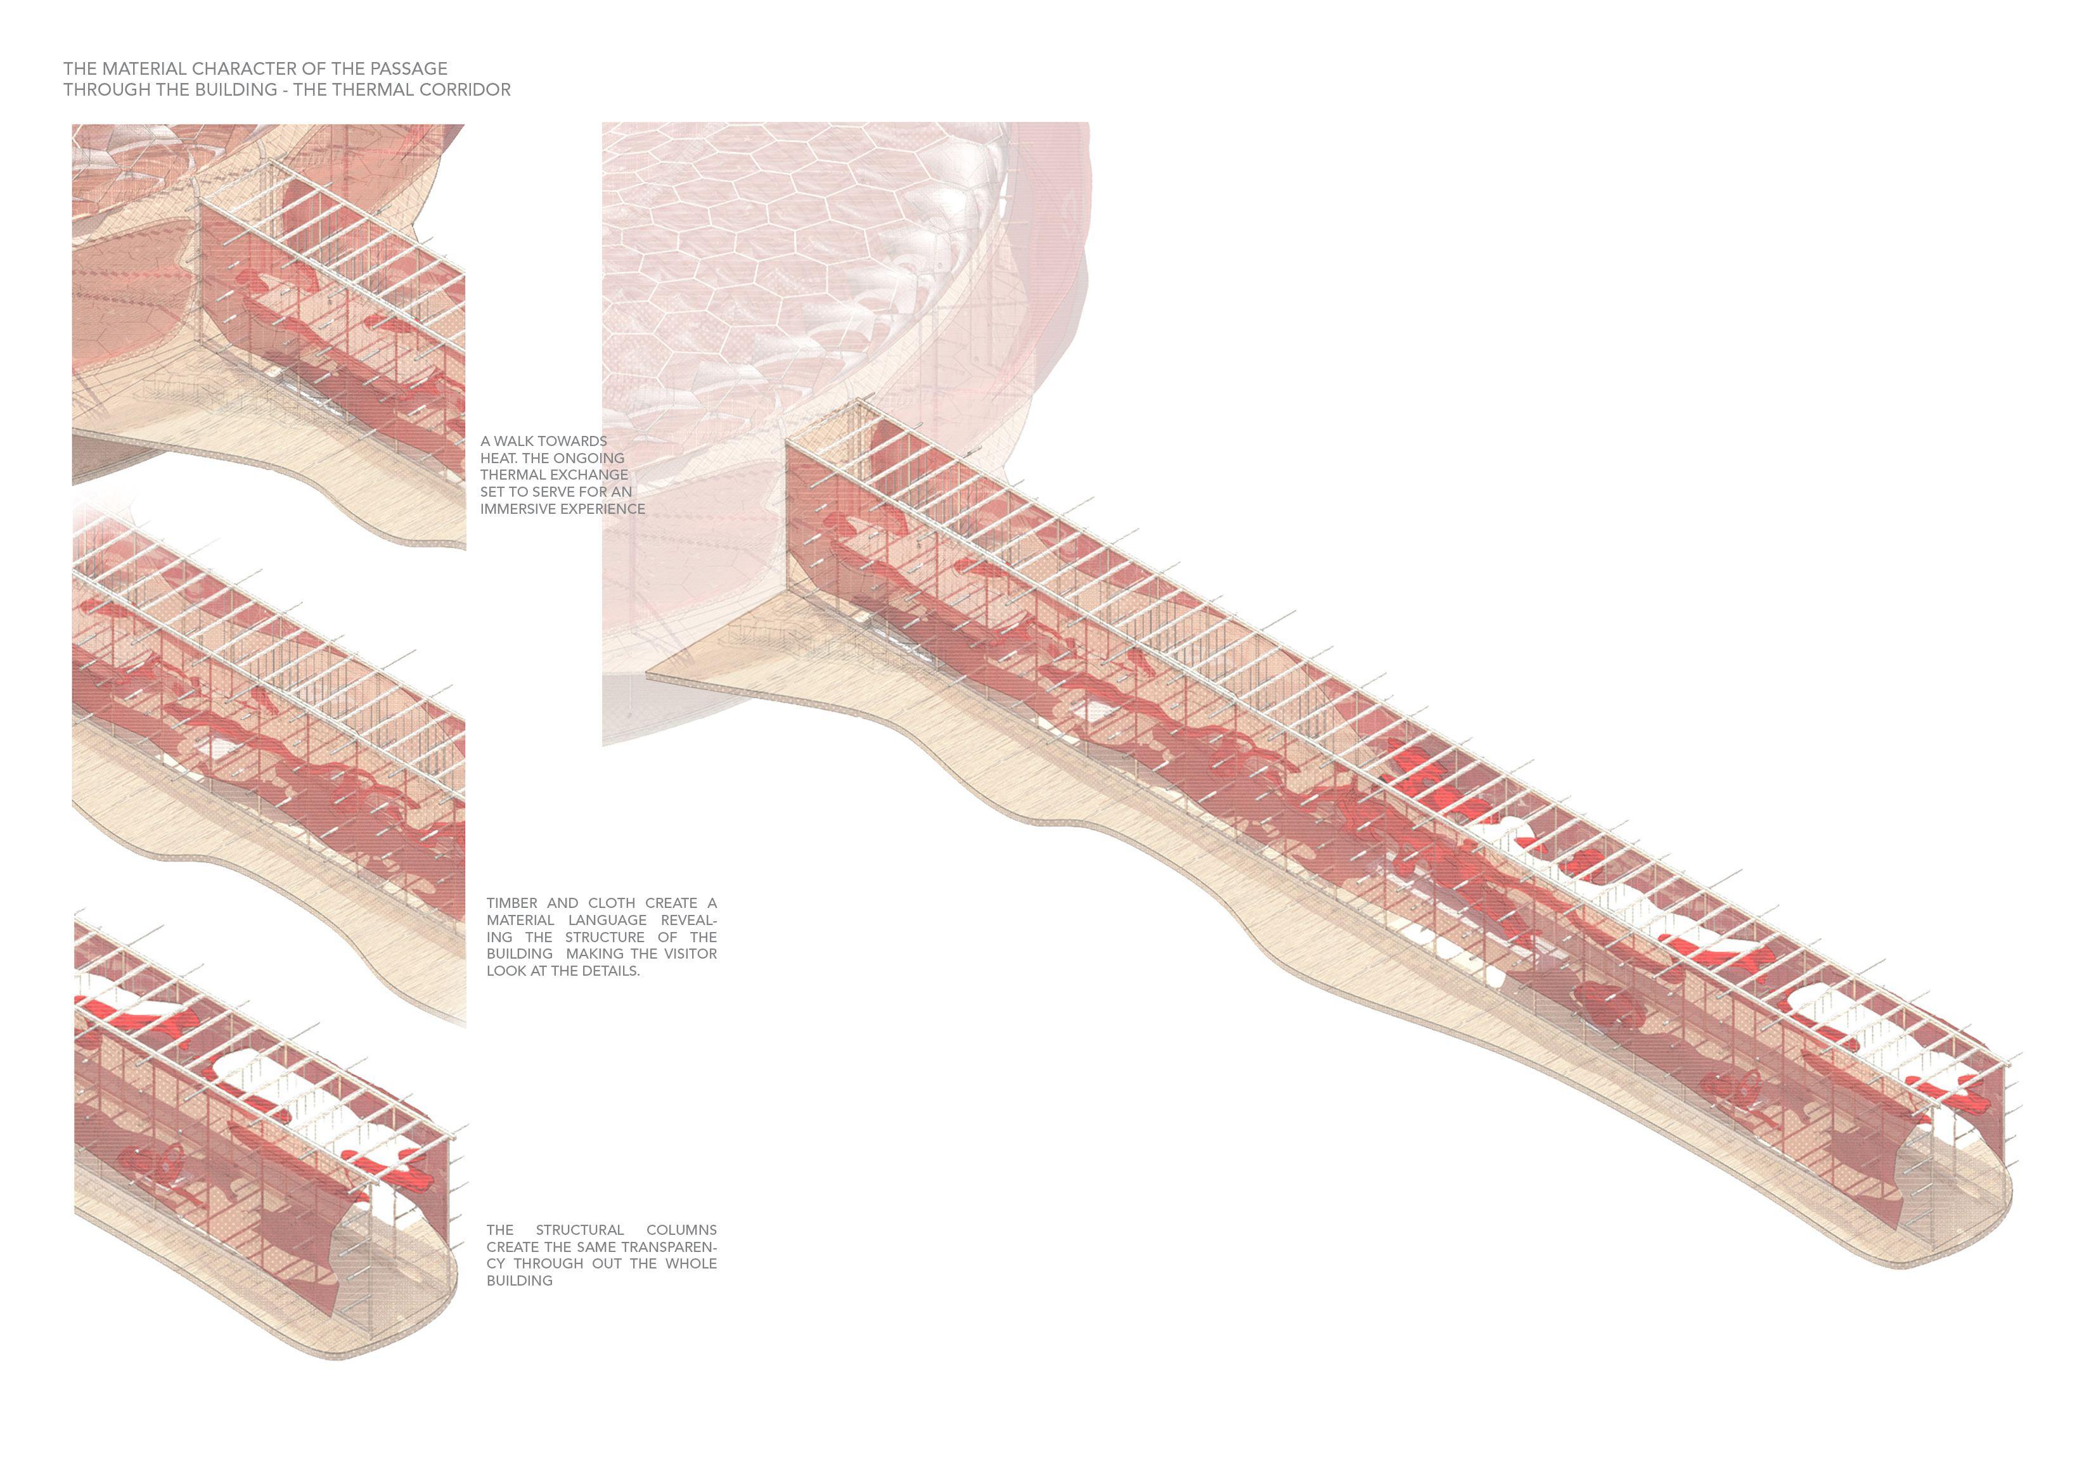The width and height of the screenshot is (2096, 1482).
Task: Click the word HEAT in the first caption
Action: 498,458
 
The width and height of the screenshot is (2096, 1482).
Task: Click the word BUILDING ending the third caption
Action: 520,1281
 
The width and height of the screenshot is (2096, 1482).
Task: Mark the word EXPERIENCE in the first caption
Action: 605,509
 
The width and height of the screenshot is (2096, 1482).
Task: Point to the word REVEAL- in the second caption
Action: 688,920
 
